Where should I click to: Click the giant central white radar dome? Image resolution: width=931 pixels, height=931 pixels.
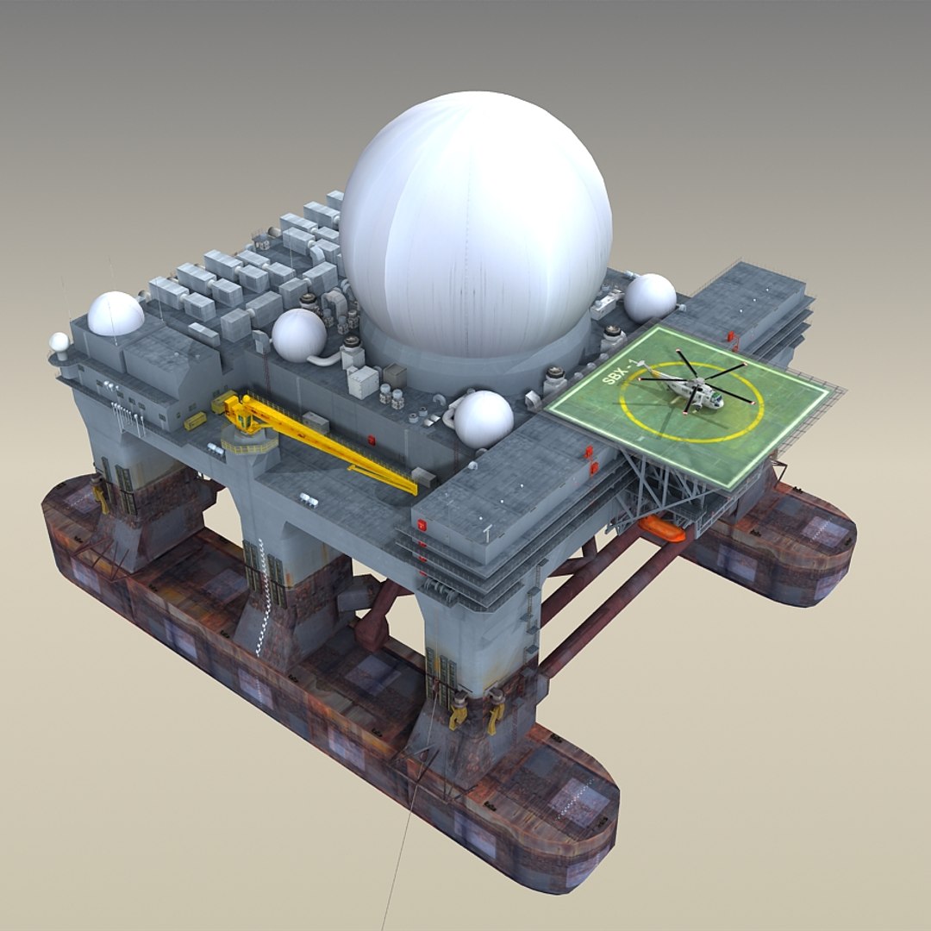click(x=475, y=228)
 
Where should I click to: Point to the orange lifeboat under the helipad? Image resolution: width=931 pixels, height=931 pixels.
click(x=661, y=529)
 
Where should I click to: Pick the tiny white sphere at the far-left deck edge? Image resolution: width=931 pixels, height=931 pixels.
click(x=59, y=342)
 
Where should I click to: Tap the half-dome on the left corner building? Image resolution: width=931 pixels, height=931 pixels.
click(x=115, y=314)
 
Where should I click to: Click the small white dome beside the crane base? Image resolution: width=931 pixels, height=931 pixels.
click(x=299, y=334)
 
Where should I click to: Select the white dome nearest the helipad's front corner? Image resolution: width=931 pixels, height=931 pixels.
click(x=483, y=418)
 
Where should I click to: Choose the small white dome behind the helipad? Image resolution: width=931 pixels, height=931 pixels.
click(x=650, y=297)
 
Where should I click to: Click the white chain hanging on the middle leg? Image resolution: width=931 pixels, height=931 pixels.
click(x=258, y=595)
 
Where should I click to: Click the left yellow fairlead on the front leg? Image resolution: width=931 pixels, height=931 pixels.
click(x=459, y=712)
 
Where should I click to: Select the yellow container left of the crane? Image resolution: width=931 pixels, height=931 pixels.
click(x=196, y=422)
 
